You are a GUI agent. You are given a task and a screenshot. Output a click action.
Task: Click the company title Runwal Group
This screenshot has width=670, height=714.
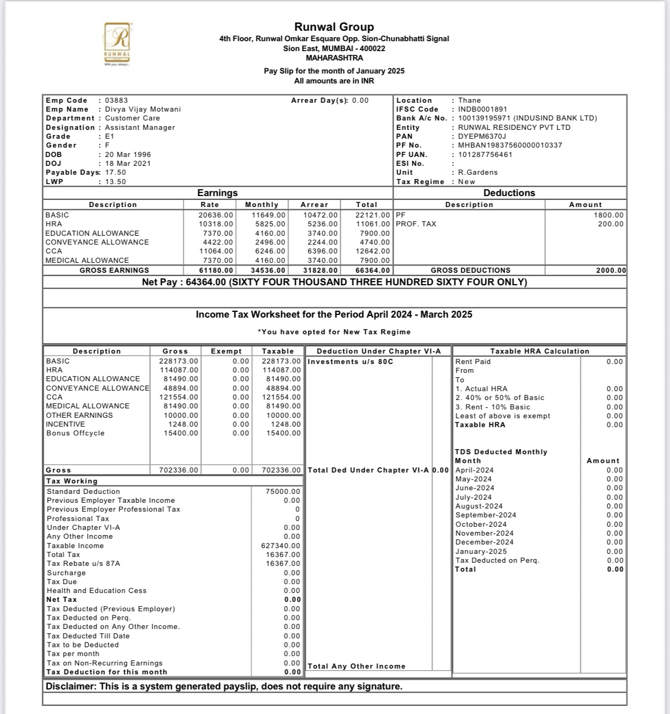334,27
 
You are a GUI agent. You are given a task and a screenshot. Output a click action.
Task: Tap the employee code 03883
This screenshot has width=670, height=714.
116,100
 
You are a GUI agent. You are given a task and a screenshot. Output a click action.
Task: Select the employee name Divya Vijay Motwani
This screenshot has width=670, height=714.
143,109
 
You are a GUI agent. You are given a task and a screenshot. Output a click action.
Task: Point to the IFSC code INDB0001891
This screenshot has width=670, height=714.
483,109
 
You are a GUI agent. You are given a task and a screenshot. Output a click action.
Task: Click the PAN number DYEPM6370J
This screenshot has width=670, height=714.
482,136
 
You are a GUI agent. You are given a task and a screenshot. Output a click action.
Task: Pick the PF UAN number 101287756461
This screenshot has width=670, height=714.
485,154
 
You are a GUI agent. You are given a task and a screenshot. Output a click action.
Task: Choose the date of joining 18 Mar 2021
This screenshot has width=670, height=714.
128,163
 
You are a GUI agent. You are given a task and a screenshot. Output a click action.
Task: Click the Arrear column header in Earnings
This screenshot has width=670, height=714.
315,204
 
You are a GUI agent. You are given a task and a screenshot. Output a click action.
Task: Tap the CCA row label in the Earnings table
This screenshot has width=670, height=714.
54,251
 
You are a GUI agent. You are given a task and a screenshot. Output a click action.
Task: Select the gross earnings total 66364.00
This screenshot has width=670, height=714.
373,270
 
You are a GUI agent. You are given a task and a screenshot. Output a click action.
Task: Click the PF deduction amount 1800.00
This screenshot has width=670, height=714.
608,215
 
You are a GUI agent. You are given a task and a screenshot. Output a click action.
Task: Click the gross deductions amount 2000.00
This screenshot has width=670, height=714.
611,270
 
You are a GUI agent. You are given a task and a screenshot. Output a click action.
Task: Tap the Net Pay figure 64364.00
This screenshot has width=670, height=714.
206,282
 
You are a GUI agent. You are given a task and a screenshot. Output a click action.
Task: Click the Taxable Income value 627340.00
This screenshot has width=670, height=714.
281,546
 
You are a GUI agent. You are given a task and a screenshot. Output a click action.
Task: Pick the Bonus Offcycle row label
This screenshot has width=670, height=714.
75,433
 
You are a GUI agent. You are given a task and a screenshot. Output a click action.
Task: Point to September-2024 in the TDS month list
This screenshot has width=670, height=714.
486,515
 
